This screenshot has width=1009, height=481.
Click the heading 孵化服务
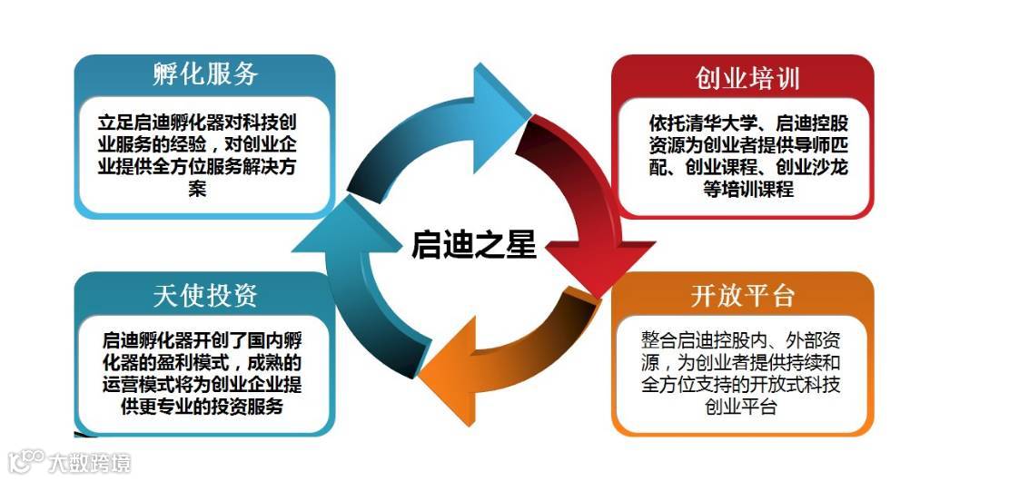[204, 74]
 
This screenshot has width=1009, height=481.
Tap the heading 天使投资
[205, 295]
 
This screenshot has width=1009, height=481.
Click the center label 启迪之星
[474, 244]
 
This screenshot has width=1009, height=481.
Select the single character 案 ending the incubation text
[197, 190]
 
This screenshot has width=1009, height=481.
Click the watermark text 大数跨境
[90, 463]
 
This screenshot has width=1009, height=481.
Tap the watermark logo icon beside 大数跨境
[25, 462]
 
